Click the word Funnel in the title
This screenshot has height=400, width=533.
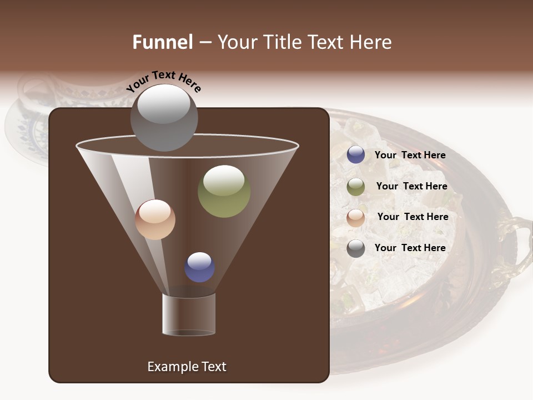[x=163, y=42]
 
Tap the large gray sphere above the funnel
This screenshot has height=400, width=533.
[x=164, y=117]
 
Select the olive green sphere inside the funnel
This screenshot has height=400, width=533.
[x=224, y=191]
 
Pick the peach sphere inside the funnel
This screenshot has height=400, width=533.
[x=155, y=219]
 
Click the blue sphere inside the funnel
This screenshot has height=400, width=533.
[x=200, y=267]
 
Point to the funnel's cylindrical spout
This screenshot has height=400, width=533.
[x=189, y=314]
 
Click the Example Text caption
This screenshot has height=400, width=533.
[x=187, y=367]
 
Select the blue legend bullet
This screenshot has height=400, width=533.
[x=356, y=155]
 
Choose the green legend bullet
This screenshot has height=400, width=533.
[x=356, y=187]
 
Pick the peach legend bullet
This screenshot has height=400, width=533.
[x=356, y=218]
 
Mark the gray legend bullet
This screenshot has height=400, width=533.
[x=356, y=248]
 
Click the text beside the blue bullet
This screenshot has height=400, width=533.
[x=410, y=155]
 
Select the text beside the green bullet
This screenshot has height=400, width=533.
[x=411, y=186]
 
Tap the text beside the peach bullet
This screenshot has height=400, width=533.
[x=413, y=217]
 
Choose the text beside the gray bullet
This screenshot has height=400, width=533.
[x=410, y=248]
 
